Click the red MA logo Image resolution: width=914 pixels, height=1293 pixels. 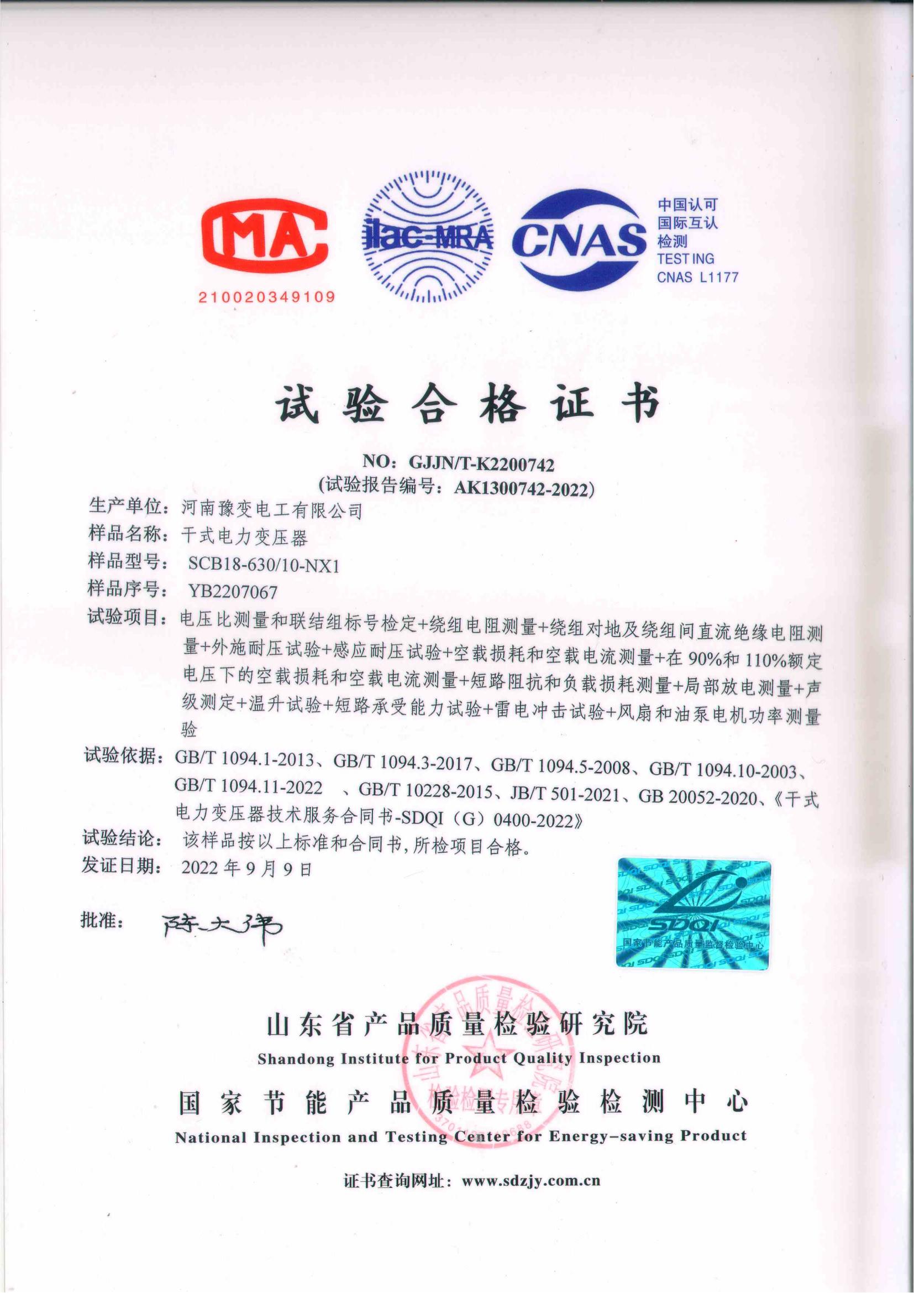coord(265,238)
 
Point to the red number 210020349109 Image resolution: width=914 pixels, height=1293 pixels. coord(266,297)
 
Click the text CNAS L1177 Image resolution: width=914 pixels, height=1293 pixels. coord(697,277)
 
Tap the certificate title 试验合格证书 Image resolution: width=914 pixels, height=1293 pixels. coord(467,404)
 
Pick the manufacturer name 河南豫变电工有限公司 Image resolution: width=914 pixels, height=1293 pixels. coord(271,510)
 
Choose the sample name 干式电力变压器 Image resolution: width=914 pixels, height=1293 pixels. coord(244,536)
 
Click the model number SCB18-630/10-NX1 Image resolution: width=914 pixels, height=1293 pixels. coord(264,565)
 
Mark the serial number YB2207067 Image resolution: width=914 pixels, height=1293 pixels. coord(233,592)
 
